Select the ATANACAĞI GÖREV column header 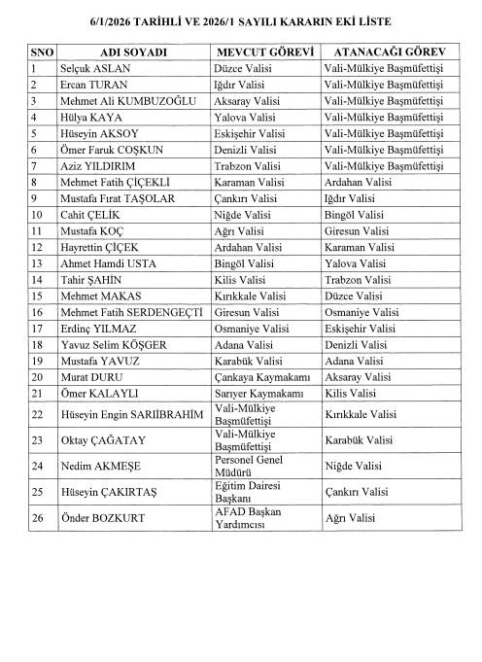(389, 51)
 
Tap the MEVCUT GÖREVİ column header (265, 51)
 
